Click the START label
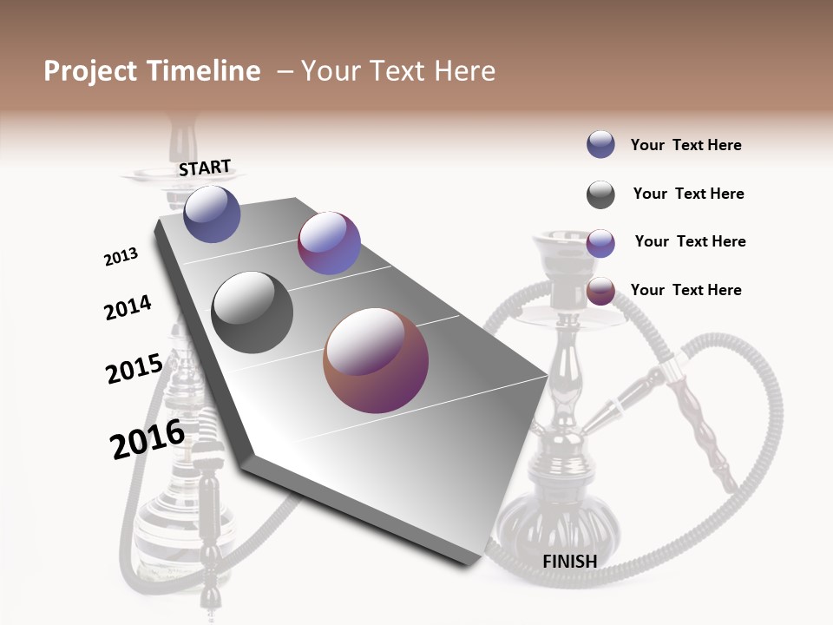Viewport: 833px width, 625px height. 205,168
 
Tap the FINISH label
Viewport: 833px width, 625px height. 569,561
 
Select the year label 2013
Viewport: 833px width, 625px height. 121,257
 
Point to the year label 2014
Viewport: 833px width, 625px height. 128,307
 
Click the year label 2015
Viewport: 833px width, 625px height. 134,369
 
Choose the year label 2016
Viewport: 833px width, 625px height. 148,438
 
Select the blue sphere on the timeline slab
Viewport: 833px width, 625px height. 212,214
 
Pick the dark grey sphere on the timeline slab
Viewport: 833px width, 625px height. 253,312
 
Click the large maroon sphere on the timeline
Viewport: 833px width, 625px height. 376,360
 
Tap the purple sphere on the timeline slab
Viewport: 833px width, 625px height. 329,243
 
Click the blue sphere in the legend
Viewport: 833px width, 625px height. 600,144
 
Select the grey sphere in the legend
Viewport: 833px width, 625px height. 600,194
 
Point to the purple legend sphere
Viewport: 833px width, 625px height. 600,243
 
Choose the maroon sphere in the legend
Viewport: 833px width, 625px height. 600,292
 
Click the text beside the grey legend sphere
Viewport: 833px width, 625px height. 688,194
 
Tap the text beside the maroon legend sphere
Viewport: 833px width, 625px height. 685,290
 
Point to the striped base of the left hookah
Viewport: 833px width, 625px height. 184,521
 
